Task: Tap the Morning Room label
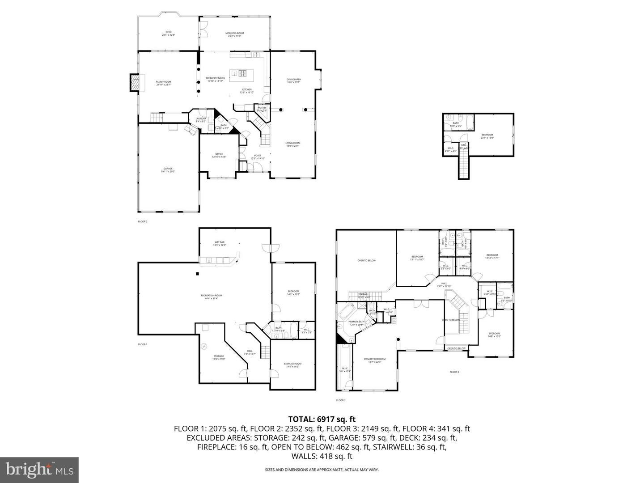(x=234, y=34)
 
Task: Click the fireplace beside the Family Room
(x=135, y=82)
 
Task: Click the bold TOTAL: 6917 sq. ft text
(x=322, y=419)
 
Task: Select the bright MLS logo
(x=39, y=470)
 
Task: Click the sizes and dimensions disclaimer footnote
(x=322, y=470)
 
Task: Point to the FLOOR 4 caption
(x=454, y=372)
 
